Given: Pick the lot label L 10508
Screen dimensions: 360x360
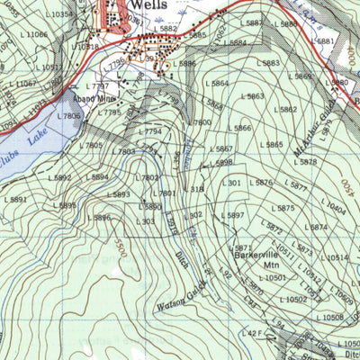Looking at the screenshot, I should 333,318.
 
